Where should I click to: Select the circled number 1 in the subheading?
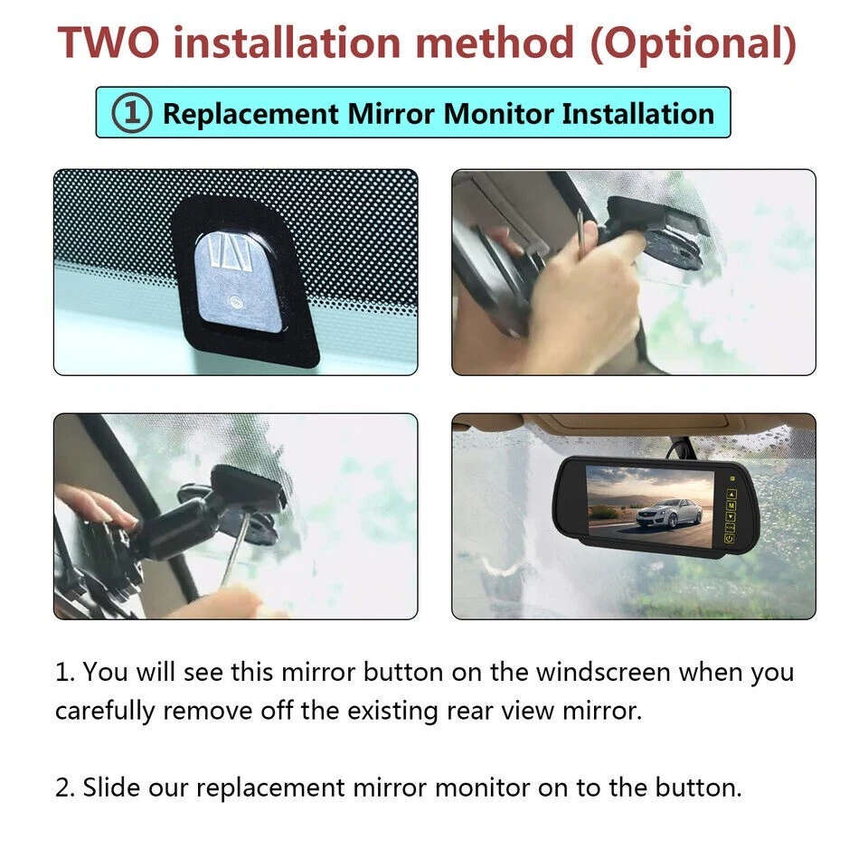[131, 114]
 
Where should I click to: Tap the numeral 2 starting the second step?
[61, 787]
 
